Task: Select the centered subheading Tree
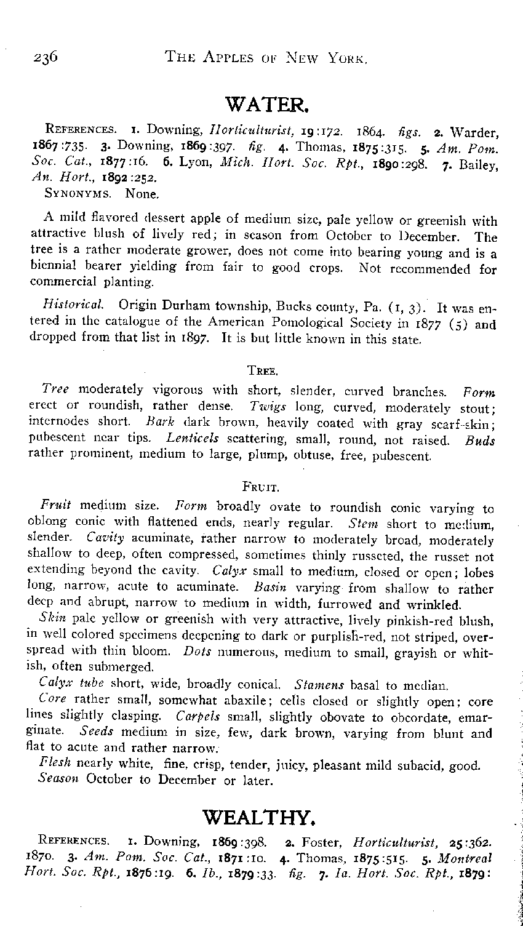coord(264,370)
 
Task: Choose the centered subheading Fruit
coord(262,488)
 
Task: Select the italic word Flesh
coord(55,765)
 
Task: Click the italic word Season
coord(59,781)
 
